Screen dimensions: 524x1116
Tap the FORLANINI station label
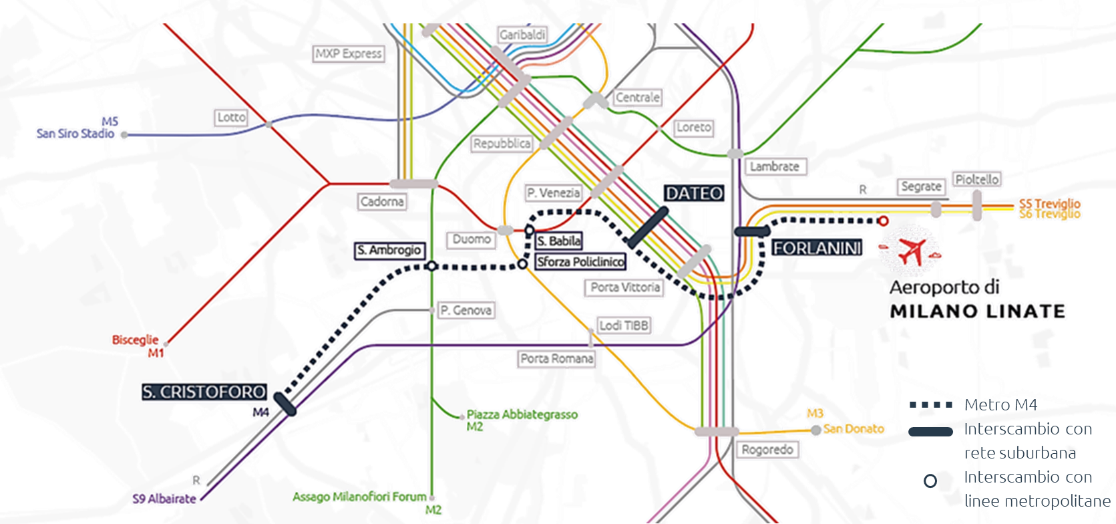pyautogui.click(x=817, y=248)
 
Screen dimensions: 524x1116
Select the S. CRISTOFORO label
pyautogui.click(x=204, y=392)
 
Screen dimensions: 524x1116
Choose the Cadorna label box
pyautogui.click(x=382, y=201)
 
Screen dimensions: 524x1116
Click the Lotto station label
pyautogui.click(x=232, y=118)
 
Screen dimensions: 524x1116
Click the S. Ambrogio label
pyautogui.click(x=389, y=251)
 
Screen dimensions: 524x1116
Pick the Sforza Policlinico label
pyautogui.click(x=580, y=262)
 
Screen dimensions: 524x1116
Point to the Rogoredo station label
pyautogui.click(x=767, y=449)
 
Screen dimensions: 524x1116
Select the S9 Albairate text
pyautogui.click(x=164, y=499)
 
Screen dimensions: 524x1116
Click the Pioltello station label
pyautogui.click(x=976, y=180)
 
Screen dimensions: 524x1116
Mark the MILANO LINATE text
pyautogui.click(x=978, y=311)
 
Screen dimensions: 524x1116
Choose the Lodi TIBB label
pyautogui.click(x=624, y=325)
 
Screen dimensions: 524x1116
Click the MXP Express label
pyautogui.click(x=349, y=53)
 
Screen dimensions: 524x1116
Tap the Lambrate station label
pyautogui.click(x=774, y=166)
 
